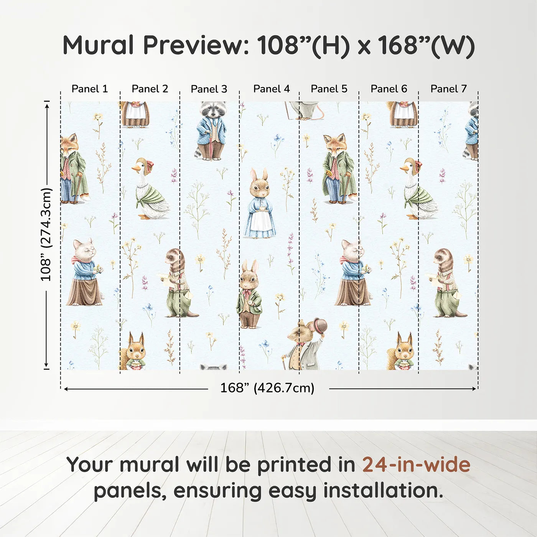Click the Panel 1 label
(89, 89)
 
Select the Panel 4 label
(271, 89)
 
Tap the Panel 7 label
(448, 89)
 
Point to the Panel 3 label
(209, 89)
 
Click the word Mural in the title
(98, 45)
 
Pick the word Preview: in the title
(196, 45)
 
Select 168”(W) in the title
(426, 45)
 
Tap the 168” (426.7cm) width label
(267, 388)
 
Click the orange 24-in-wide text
(416, 465)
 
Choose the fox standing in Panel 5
(338, 169)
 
